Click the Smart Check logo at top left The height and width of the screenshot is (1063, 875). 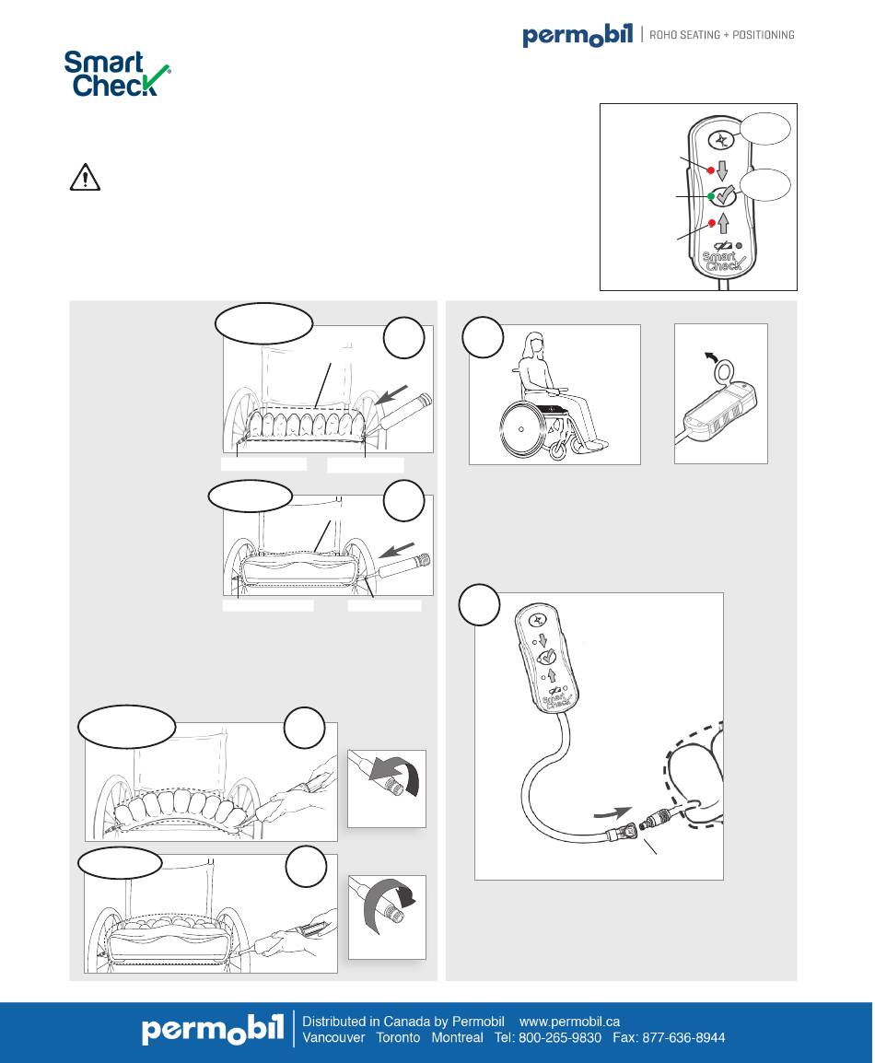117,74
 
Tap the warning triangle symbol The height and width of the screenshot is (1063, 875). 85,178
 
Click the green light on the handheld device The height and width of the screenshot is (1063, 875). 711,196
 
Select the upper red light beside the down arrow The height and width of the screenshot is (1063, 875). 711,169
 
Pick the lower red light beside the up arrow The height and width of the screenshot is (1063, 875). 712,223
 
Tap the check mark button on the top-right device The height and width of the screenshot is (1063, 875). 722,196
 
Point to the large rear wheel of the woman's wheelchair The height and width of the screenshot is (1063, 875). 522,429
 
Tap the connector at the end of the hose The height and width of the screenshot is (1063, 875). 626,829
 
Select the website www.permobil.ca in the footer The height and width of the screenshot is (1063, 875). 569,1021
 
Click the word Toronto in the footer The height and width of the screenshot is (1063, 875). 398,1037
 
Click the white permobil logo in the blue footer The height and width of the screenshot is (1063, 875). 212,1029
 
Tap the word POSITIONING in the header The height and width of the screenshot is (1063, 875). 764,35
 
